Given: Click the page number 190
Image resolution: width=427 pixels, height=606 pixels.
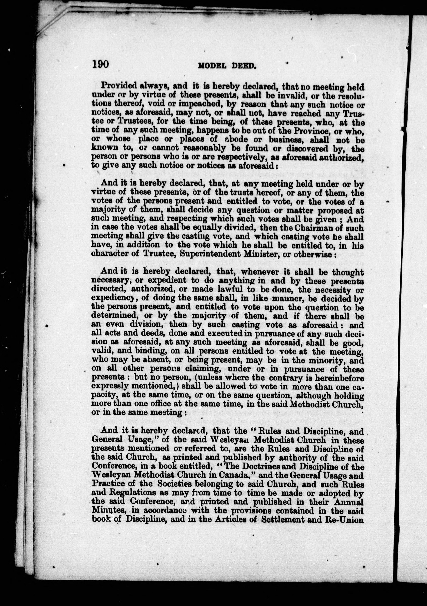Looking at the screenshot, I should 100,64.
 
